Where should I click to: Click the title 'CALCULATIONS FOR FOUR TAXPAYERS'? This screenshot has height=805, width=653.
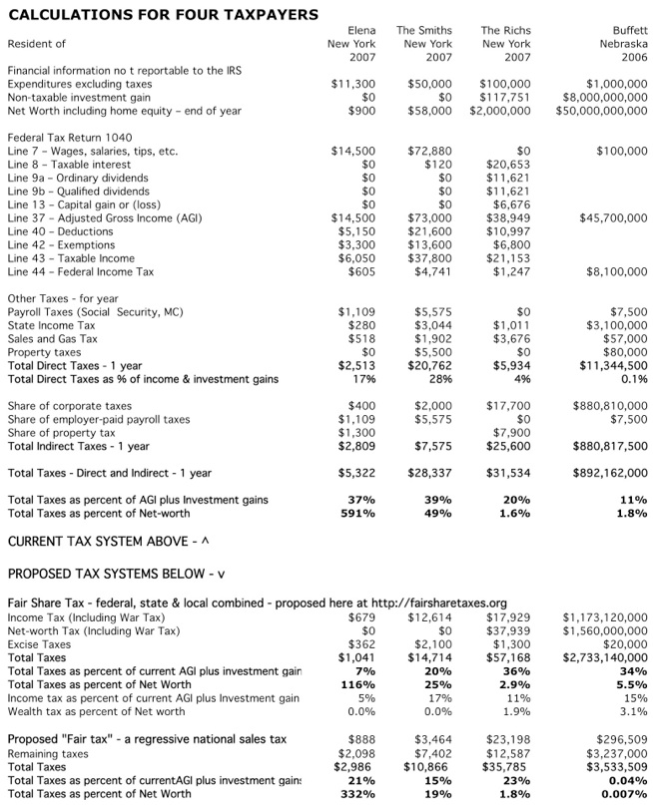point(163,14)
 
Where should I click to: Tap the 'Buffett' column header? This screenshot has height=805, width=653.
point(628,31)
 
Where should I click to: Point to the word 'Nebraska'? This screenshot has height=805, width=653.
point(623,44)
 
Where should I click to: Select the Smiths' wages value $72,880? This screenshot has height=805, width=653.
point(430,151)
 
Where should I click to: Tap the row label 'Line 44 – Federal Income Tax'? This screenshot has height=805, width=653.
point(81,271)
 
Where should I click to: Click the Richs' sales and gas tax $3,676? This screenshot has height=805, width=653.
point(512,339)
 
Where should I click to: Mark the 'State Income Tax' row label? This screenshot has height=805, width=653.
point(52,325)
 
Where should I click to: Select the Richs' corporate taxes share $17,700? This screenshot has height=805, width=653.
point(508,406)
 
